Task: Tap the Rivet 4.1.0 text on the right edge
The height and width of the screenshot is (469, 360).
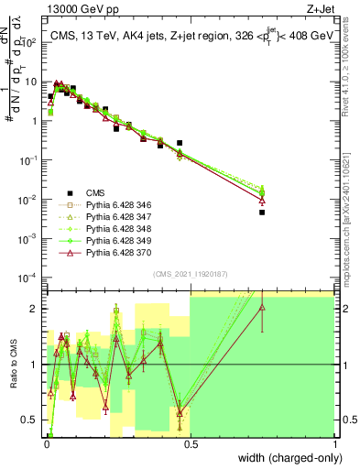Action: click(x=350, y=73)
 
